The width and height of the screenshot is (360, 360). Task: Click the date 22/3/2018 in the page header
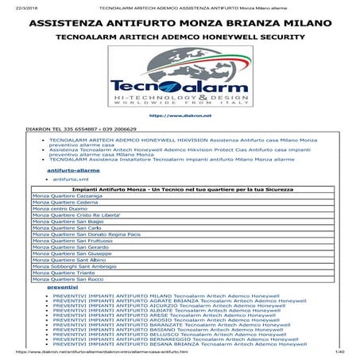[16, 6]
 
